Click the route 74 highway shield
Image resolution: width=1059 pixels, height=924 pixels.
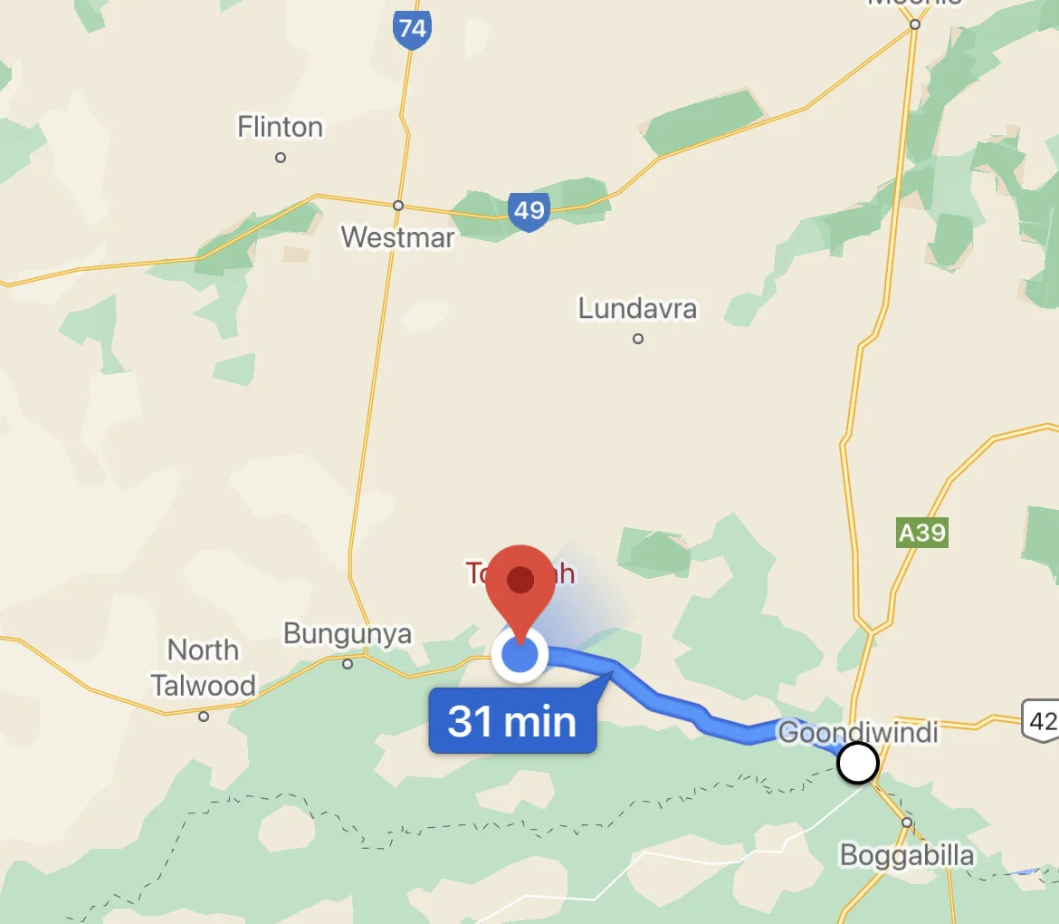click(412, 29)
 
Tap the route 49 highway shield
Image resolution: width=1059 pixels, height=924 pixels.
click(529, 211)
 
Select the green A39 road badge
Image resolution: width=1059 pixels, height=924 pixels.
click(921, 533)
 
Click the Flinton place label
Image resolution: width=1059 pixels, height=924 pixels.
click(280, 127)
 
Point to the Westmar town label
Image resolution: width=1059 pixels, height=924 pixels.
click(397, 237)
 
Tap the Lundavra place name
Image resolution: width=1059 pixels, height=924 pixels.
click(637, 309)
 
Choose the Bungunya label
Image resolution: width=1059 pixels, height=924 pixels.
click(348, 633)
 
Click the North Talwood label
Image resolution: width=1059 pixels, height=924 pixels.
click(204, 668)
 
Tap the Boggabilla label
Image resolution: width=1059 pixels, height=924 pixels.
click(907, 855)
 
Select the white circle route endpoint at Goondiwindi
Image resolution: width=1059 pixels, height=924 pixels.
click(857, 763)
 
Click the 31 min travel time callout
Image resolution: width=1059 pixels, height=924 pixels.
click(512, 721)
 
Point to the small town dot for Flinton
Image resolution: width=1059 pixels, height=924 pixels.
click(281, 158)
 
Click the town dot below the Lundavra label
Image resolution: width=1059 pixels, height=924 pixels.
click(638, 339)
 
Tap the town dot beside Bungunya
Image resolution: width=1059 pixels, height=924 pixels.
click(348, 664)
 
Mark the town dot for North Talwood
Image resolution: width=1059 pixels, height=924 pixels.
click(204, 717)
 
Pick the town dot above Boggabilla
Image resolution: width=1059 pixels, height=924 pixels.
click(907, 823)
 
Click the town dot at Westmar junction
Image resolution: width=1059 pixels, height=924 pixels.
click(397, 206)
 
